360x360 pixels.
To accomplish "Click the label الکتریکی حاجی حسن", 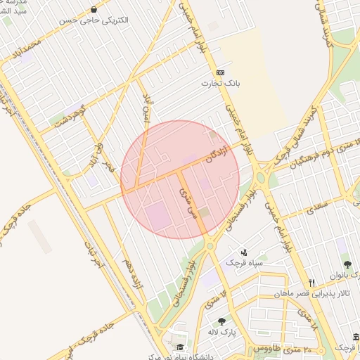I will (x=95, y=20).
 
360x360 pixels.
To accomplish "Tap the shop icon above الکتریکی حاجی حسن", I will (x=94, y=9).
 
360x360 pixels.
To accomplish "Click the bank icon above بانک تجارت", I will (x=220, y=72).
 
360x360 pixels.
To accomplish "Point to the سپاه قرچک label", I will (x=243, y=262).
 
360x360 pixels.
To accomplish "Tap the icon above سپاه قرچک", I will (x=244, y=252).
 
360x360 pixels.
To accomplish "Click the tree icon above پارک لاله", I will (x=221, y=321).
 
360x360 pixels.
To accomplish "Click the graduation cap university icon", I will (x=180, y=347).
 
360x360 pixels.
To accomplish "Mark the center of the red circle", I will (x=180, y=179).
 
